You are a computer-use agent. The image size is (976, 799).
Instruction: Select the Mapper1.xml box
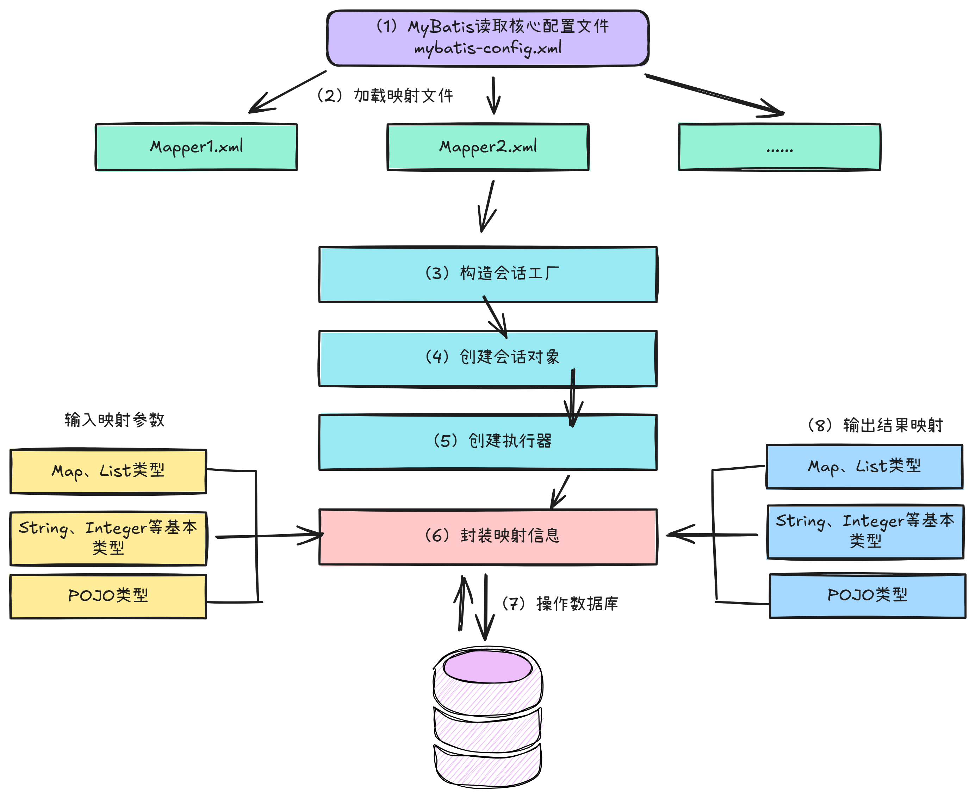coord(196,147)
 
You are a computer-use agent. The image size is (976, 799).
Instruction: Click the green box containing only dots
coord(779,147)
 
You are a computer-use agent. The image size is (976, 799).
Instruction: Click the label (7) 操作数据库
coord(560,604)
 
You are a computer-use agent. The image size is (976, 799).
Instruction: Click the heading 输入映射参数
coord(114,420)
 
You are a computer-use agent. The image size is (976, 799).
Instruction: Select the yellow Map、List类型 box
coord(108,471)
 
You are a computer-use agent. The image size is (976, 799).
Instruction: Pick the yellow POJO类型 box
coord(108,596)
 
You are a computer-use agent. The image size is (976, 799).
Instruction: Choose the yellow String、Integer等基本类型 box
coord(108,538)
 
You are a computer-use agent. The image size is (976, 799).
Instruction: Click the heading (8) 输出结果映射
coord(875,425)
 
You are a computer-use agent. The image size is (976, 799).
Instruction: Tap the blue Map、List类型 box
coord(864,466)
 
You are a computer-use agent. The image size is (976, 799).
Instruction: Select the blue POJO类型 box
coord(868,595)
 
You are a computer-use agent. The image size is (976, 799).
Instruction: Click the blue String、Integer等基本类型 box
coord(865,532)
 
